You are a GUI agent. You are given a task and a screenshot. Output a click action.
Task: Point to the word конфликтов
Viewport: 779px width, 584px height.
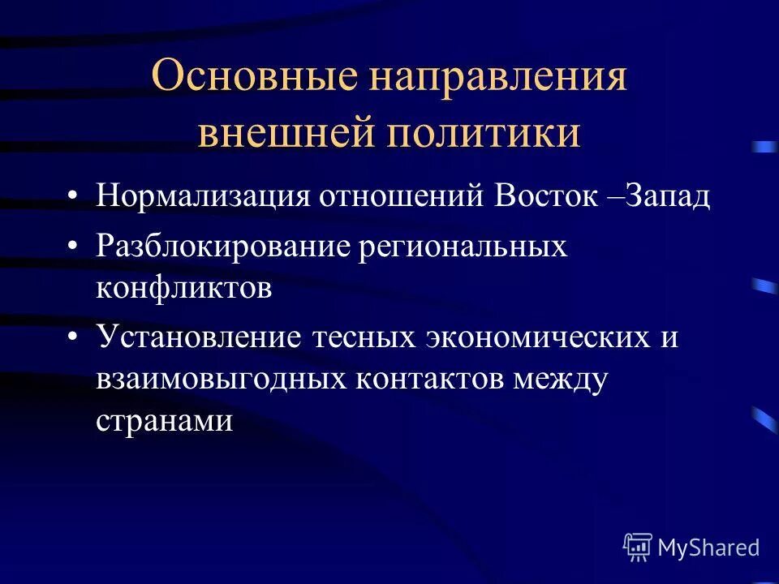point(183,290)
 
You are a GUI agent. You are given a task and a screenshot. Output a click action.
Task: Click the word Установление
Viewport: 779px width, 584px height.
point(198,337)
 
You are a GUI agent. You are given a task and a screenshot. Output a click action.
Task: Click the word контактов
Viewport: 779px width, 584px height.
point(428,380)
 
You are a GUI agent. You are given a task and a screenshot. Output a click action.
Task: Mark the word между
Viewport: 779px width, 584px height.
point(561,380)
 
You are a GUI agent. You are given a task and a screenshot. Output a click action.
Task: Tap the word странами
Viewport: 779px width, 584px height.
point(165,423)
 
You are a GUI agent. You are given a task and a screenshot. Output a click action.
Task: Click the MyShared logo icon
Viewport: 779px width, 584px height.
point(638,547)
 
